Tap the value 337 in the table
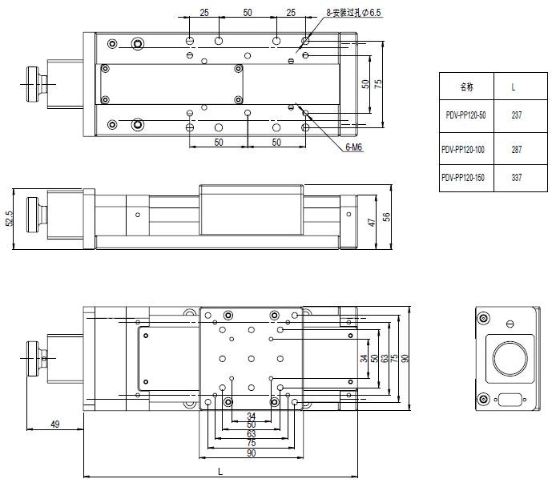click(516, 178)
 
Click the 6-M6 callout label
click(353, 148)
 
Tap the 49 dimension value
click(55, 423)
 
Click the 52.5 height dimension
click(9, 219)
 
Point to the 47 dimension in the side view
click(372, 222)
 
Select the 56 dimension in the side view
click(387, 217)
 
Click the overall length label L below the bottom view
click(220, 472)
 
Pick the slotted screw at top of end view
click(509, 324)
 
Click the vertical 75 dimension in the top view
click(377, 83)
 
